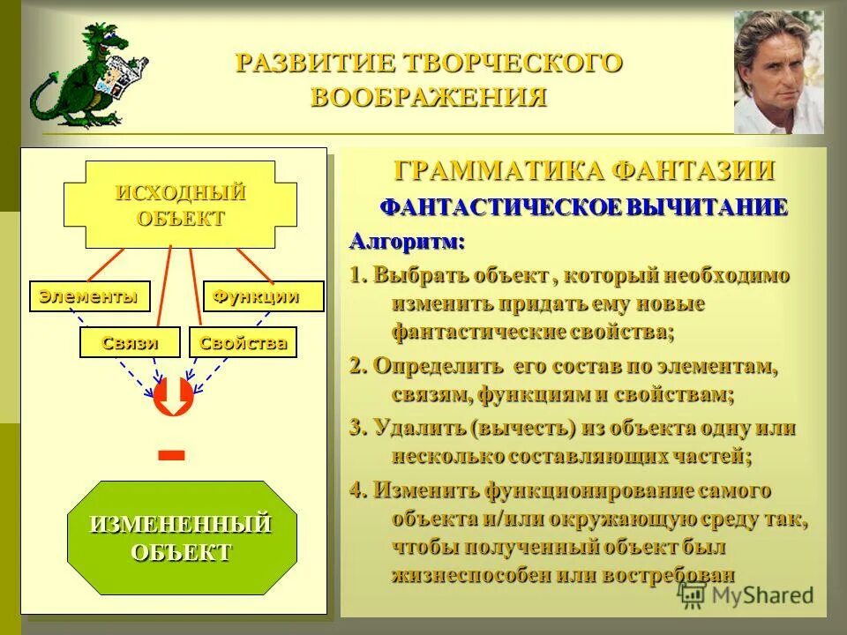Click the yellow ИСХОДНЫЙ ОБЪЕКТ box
point(180,205)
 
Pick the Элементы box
point(89,296)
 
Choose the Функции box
point(264,296)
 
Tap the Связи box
point(130,342)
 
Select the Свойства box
point(243,342)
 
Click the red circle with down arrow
point(174,397)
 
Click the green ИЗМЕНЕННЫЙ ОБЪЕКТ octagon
point(182,538)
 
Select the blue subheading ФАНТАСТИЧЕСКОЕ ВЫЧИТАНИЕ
point(583,208)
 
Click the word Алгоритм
point(407,241)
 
